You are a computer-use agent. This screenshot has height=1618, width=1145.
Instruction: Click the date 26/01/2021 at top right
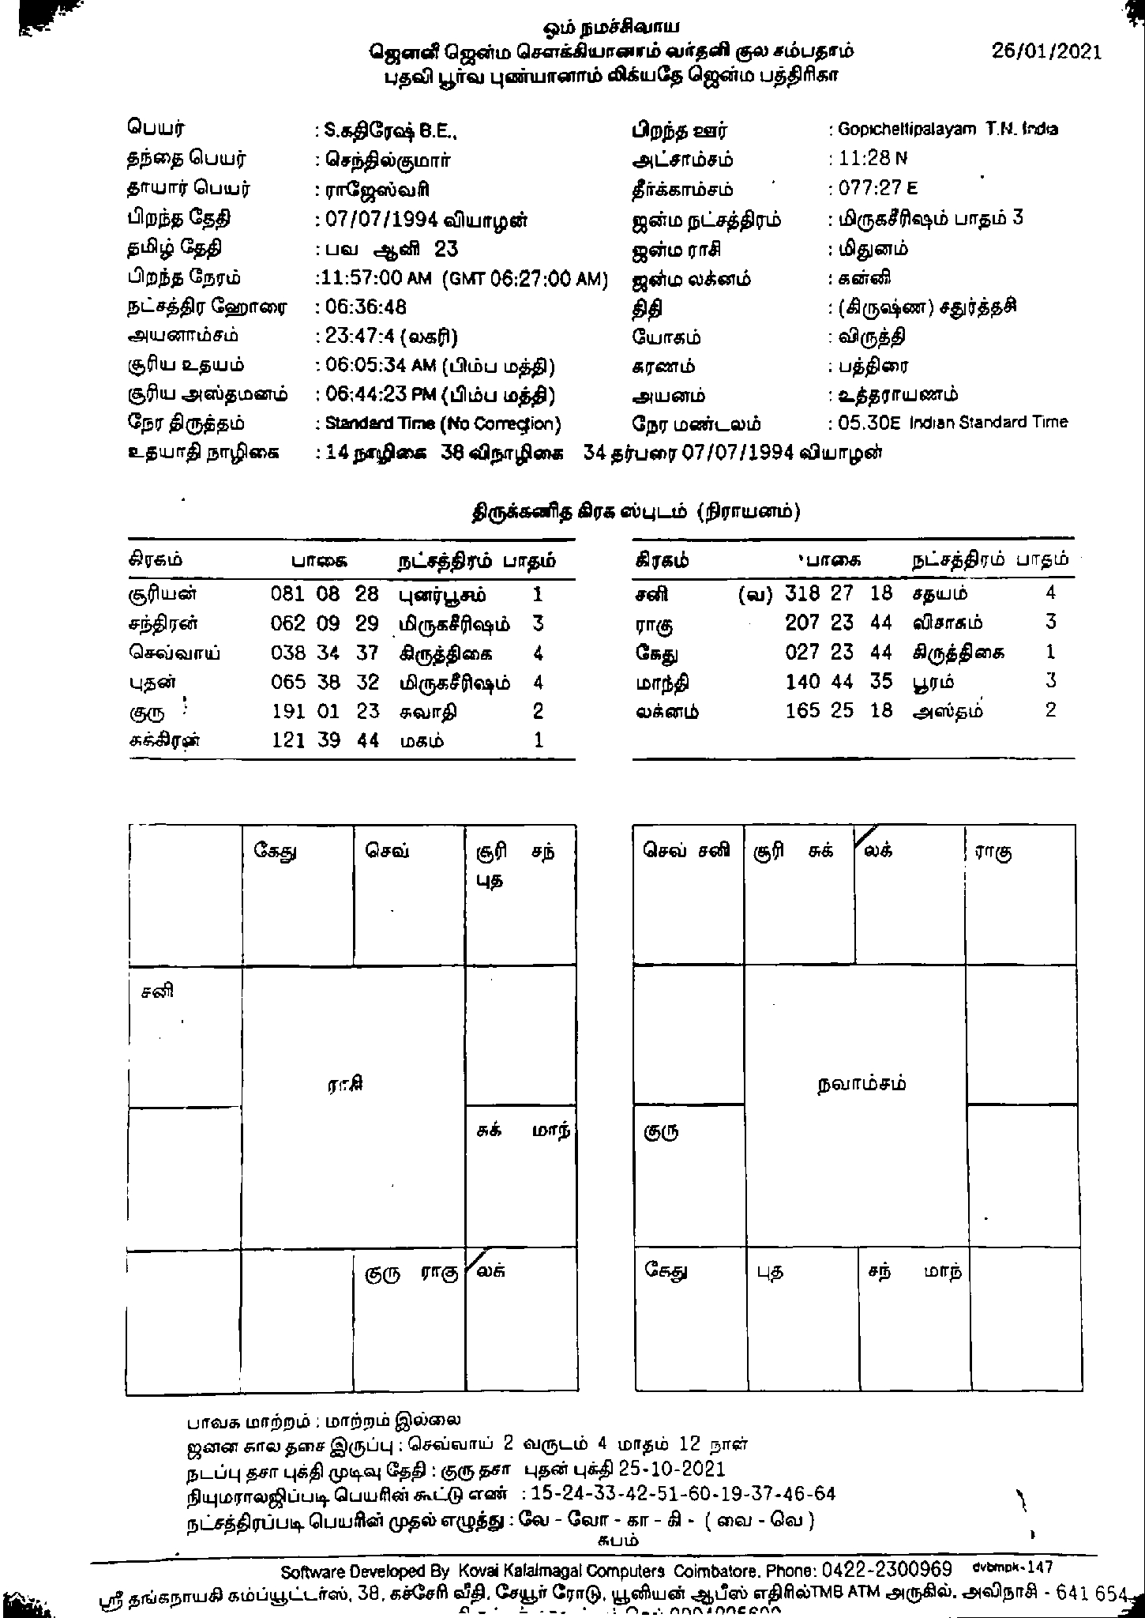tap(1046, 51)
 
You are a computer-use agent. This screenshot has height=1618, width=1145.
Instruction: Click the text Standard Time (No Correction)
tap(443, 424)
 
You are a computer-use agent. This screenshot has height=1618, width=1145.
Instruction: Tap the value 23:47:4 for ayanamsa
tap(359, 337)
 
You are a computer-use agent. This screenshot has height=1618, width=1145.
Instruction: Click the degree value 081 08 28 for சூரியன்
tap(325, 594)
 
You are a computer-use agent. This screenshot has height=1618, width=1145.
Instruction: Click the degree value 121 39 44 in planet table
tap(325, 740)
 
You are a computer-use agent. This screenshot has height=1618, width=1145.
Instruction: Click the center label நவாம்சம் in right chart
tap(862, 1083)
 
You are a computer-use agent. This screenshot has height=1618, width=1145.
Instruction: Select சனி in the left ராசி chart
tap(157, 991)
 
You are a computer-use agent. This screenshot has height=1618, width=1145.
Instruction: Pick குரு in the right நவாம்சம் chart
tap(661, 1131)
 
